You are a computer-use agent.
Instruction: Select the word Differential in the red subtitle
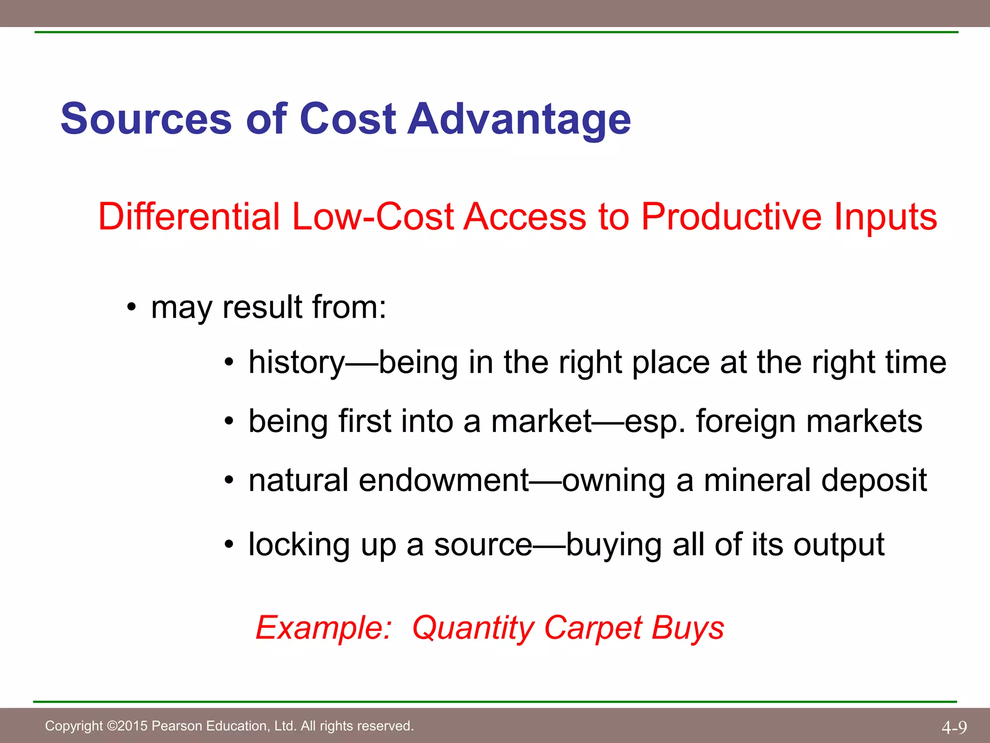click(189, 216)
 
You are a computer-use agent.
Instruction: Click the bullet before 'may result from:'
click(131, 308)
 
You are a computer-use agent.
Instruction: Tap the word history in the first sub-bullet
click(296, 362)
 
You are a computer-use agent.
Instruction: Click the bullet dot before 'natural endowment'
click(229, 481)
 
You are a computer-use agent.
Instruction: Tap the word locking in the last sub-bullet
click(299, 545)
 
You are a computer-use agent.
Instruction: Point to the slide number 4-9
click(954, 727)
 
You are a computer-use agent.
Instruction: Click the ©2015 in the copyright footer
click(127, 726)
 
